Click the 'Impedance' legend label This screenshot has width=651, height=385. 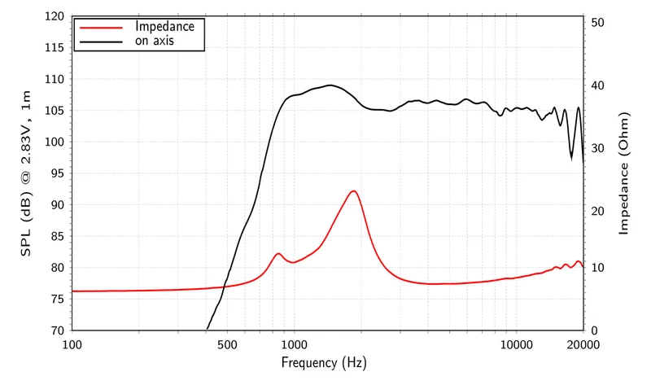(165, 27)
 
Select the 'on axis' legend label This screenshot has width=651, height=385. (155, 41)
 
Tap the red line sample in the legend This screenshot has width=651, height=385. (101, 28)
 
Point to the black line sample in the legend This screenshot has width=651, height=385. (101, 42)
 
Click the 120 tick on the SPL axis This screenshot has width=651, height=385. (55, 16)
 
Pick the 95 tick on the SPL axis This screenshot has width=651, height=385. (55, 173)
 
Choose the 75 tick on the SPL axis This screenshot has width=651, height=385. (55, 299)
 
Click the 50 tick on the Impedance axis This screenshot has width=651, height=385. (597, 23)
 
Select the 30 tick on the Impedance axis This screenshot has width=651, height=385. (597, 148)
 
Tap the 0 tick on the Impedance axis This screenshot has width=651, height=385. (595, 330)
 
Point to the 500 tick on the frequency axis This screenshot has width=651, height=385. (227, 345)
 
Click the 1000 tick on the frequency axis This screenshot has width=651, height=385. (294, 345)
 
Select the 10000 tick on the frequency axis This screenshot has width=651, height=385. (517, 345)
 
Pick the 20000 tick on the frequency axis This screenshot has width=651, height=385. (583, 345)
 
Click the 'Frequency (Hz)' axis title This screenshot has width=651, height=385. (324, 363)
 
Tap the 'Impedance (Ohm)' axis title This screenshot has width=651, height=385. (623, 173)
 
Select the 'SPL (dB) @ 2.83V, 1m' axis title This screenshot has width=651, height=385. (26, 173)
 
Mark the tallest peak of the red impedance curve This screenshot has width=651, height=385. (353, 191)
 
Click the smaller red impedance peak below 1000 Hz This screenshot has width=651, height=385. (277, 254)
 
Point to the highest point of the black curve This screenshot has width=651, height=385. (330, 85)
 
